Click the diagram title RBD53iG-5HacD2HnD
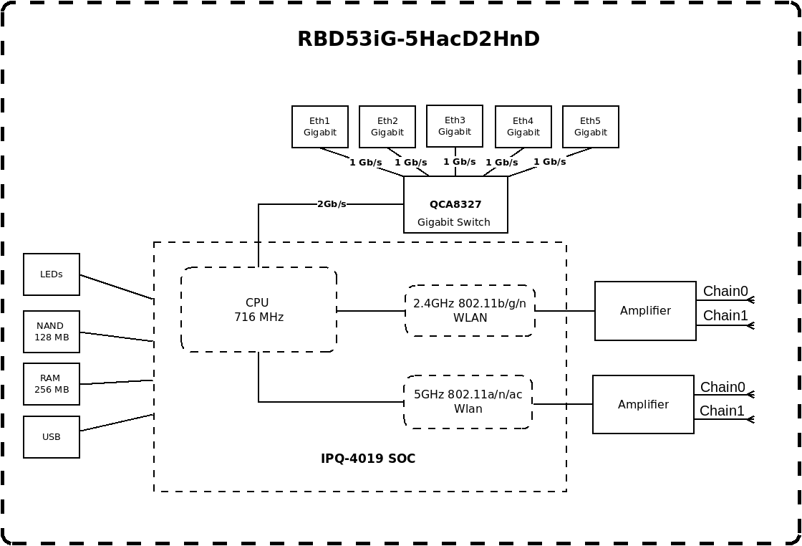coord(418,39)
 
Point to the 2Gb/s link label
coord(332,204)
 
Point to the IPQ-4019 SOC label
coord(368,459)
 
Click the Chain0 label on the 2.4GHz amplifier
coord(725,291)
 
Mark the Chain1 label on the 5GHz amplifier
coord(722,411)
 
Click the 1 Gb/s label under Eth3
coord(459,162)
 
